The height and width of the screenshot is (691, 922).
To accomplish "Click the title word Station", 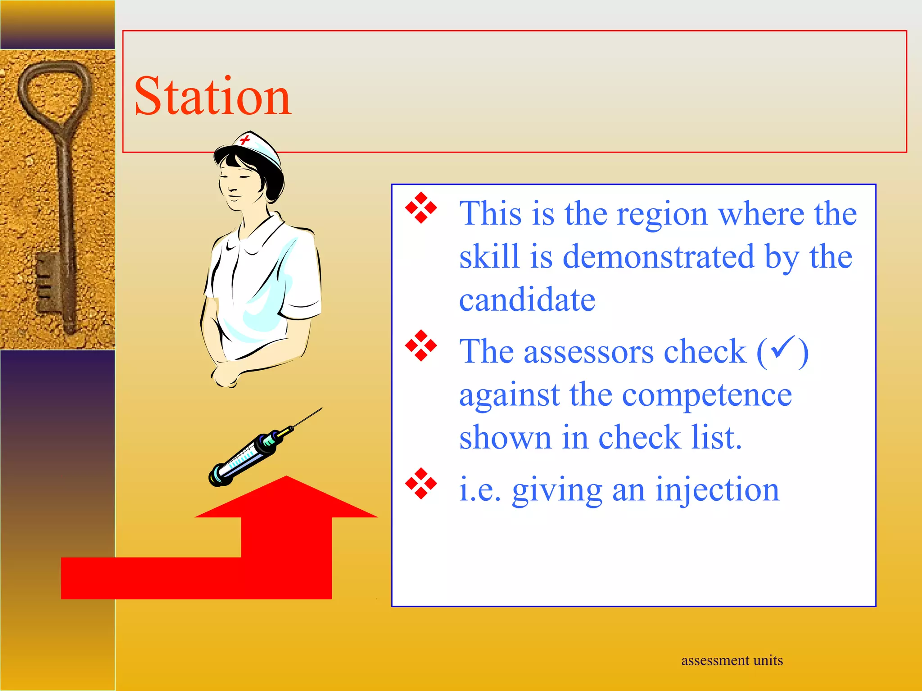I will [x=213, y=96].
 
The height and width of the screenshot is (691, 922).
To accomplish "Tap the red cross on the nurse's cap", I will [x=245, y=139].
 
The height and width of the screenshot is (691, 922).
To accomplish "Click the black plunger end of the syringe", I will [x=216, y=477].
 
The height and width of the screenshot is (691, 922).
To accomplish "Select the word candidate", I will [x=527, y=300].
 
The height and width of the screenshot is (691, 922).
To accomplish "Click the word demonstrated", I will [x=658, y=256].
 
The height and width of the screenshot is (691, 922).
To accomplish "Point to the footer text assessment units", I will [x=732, y=660].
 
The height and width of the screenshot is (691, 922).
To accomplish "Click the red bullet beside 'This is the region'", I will [x=421, y=208].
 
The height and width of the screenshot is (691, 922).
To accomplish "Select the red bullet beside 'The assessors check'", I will [x=421, y=345].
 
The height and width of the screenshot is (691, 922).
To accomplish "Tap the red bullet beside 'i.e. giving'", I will [x=421, y=484].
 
